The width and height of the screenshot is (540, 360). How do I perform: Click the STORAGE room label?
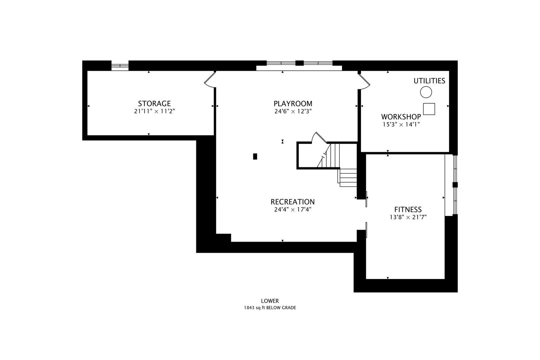click(x=154, y=103)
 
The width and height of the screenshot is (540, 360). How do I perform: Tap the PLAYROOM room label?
click(x=293, y=104)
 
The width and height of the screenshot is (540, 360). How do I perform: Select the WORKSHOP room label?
click(x=401, y=117)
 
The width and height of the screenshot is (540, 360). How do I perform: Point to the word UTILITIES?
click(x=429, y=81)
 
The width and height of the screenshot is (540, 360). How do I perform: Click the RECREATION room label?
click(x=293, y=202)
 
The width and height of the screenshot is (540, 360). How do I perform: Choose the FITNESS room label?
click(x=408, y=209)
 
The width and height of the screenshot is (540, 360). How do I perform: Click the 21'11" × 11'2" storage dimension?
click(x=154, y=111)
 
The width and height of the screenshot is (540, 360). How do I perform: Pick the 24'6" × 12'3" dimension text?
click(x=293, y=111)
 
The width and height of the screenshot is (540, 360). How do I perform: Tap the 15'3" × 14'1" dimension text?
click(x=401, y=124)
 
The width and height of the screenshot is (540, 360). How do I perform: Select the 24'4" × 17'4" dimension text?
click(x=293, y=210)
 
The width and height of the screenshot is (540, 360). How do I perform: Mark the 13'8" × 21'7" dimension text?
click(x=408, y=217)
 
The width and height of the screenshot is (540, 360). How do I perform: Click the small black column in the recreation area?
click(x=255, y=156)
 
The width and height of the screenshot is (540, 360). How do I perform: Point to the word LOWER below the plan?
click(x=270, y=301)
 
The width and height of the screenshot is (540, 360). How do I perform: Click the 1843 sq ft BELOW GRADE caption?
click(x=270, y=308)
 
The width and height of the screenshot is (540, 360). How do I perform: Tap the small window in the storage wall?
click(x=120, y=66)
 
